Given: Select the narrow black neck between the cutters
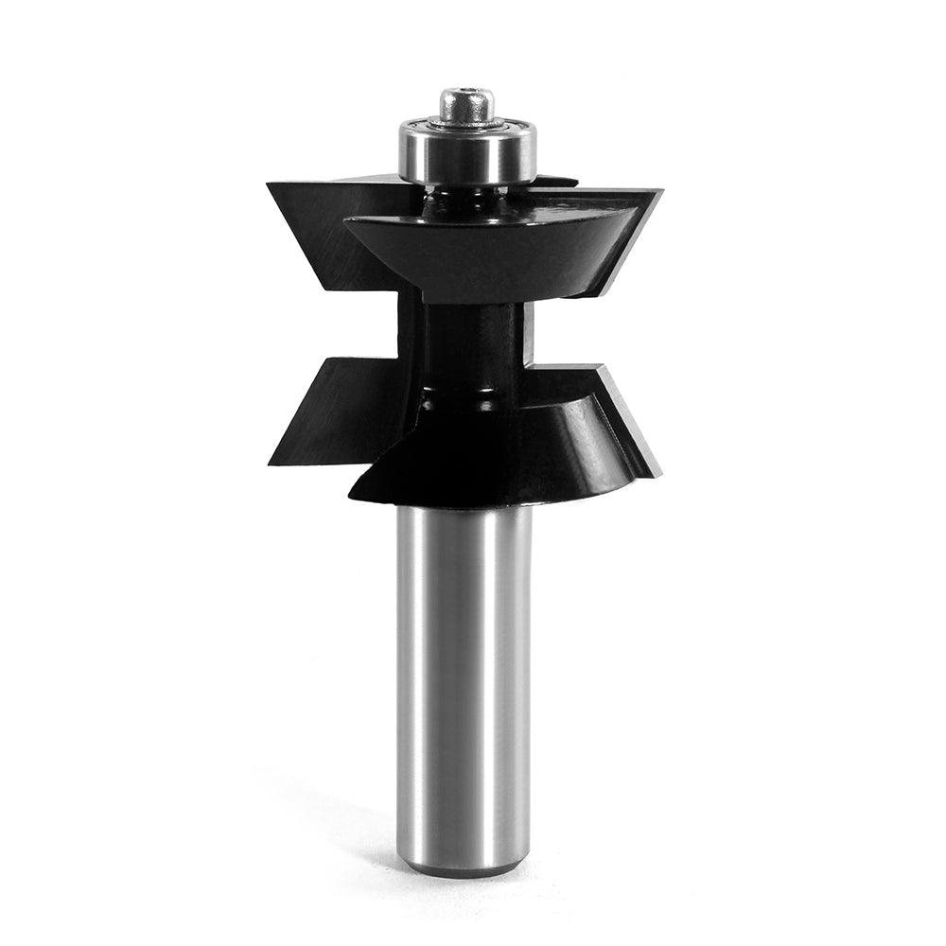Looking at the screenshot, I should tap(464, 341).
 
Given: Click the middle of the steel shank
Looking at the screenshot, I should tap(464, 681).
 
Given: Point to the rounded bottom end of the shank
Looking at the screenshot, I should tap(464, 866).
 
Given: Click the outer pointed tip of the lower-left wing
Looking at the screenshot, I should tap(271, 464).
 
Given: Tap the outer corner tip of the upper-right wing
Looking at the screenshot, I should tap(661, 192).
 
